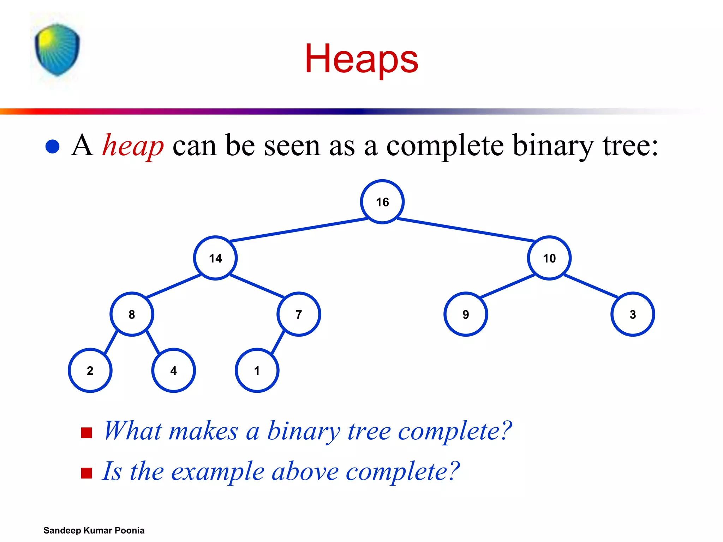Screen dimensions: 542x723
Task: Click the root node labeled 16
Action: (x=382, y=202)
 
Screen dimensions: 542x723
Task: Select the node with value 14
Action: (x=215, y=258)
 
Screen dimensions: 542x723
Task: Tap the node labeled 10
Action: (x=549, y=258)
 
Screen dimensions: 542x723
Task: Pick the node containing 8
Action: (x=132, y=314)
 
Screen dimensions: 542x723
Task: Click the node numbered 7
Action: (x=299, y=314)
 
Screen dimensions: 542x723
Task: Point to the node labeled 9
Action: (x=466, y=314)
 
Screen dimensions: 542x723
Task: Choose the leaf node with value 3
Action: (x=633, y=314)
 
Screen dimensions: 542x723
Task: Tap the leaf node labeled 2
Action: (x=90, y=371)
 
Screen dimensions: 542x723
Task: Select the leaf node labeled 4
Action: (x=173, y=371)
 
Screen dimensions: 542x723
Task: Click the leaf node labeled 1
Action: (x=257, y=371)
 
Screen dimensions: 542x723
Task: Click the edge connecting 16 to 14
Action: (x=299, y=230)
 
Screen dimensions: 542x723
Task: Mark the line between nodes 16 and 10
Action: (x=466, y=230)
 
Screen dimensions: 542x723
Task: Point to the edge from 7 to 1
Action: (x=278, y=342)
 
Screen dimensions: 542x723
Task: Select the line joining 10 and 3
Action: (x=591, y=286)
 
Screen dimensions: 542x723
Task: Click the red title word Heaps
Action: (x=361, y=59)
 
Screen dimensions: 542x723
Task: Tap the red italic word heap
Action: (x=133, y=146)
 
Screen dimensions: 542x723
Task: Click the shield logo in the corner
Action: (x=57, y=50)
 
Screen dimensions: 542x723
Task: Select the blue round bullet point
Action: (x=53, y=146)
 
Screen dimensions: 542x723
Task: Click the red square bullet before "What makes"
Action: (x=86, y=433)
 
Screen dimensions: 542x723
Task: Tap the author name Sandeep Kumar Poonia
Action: (x=94, y=530)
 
